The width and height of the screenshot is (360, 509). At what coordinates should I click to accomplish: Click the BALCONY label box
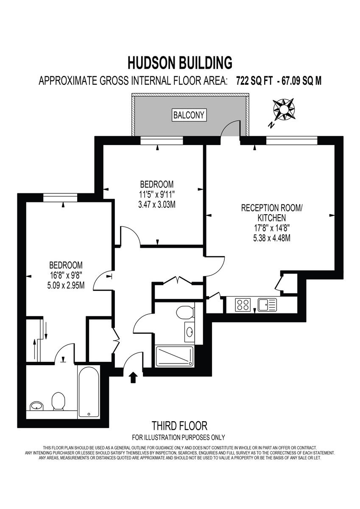189,115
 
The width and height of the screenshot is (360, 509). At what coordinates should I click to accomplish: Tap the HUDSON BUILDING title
180,63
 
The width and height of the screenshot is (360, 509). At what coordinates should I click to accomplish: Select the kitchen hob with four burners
243,304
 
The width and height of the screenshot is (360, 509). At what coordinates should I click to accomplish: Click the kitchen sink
267,304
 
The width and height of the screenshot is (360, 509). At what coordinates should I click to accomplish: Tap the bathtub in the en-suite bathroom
89,392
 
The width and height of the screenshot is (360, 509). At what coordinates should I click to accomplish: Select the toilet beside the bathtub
58,401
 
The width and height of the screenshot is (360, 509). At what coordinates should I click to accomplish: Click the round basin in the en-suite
37,406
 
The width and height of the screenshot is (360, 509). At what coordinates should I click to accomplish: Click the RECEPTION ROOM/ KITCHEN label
266,213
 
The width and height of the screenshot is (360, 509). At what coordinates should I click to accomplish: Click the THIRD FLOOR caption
179,425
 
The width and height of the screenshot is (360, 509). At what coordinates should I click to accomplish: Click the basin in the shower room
188,331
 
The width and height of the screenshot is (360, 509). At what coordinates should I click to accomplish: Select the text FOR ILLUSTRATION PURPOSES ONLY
179,437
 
